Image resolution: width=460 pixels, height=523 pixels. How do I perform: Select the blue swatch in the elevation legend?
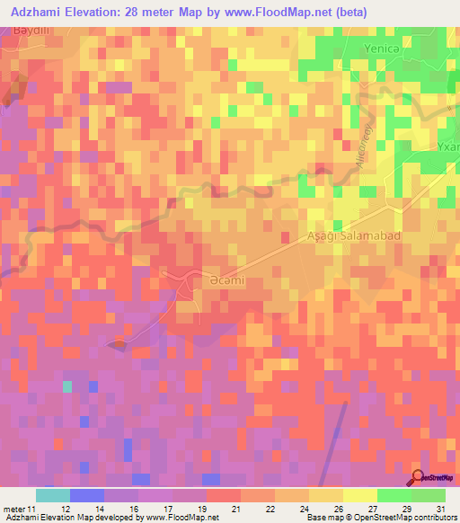[x=86, y=495]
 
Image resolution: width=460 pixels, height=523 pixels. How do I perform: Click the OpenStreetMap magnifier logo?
[x=420, y=478]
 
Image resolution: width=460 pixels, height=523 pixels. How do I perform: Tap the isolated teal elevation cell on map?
[x=66, y=386]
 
